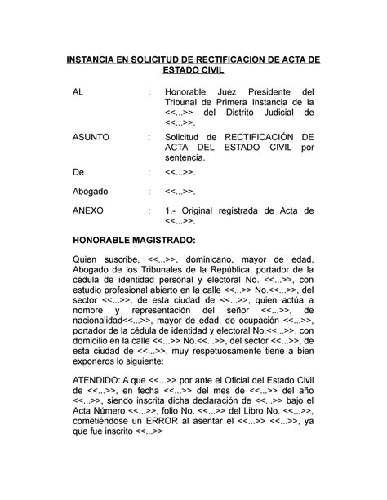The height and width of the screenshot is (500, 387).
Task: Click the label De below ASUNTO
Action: [x=78, y=173]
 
